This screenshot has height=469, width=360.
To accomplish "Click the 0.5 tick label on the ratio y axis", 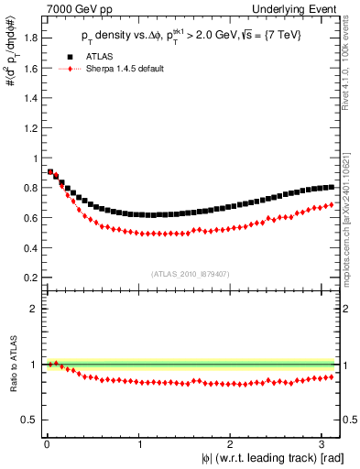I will (x=29, y=420).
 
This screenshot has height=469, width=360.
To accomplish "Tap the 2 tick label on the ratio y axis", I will (x=33, y=309).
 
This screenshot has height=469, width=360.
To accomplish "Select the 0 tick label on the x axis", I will (x=47, y=444).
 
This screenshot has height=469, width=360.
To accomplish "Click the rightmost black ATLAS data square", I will (x=331, y=187).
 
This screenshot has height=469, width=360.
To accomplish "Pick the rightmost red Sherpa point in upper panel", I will (x=331, y=204).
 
